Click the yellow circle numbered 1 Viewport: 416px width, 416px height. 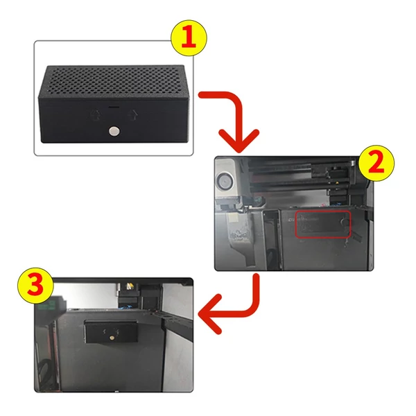pos(189,37)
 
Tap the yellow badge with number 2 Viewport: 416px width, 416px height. pos(376,163)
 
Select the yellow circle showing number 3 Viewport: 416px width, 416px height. pos(35,286)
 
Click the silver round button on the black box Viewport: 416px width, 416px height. pos(114,131)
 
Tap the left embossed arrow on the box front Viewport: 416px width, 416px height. pos(95,115)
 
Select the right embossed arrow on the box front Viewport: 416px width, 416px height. pos(133,115)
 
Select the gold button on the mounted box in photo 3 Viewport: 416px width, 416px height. pos(112,338)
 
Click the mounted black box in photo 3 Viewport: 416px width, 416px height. pos(111,331)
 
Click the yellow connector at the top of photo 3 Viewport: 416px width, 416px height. pos(130,286)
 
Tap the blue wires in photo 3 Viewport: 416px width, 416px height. pos(127,307)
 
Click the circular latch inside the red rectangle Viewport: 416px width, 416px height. pos(345,222)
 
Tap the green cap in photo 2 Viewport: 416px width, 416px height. pos(257,199)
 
